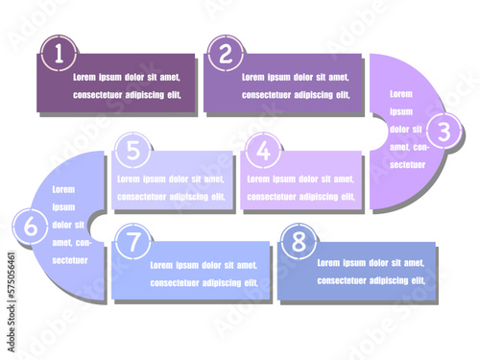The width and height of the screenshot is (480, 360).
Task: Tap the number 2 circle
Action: coord(225,55)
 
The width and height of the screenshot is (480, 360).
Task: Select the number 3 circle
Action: coord(443,131)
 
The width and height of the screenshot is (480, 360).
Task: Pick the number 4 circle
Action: coord(263,151)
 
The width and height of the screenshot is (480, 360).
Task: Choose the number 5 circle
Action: coord(133,150)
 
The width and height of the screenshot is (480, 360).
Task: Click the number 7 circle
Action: coord(133,242)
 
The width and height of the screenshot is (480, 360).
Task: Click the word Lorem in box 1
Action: coord(87,77)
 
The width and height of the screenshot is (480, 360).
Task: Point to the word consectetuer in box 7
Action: coord(174,282)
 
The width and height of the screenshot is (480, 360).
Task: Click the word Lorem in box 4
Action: coord(261,179)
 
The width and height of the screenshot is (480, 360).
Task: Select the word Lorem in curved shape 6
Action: coord(63,189)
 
